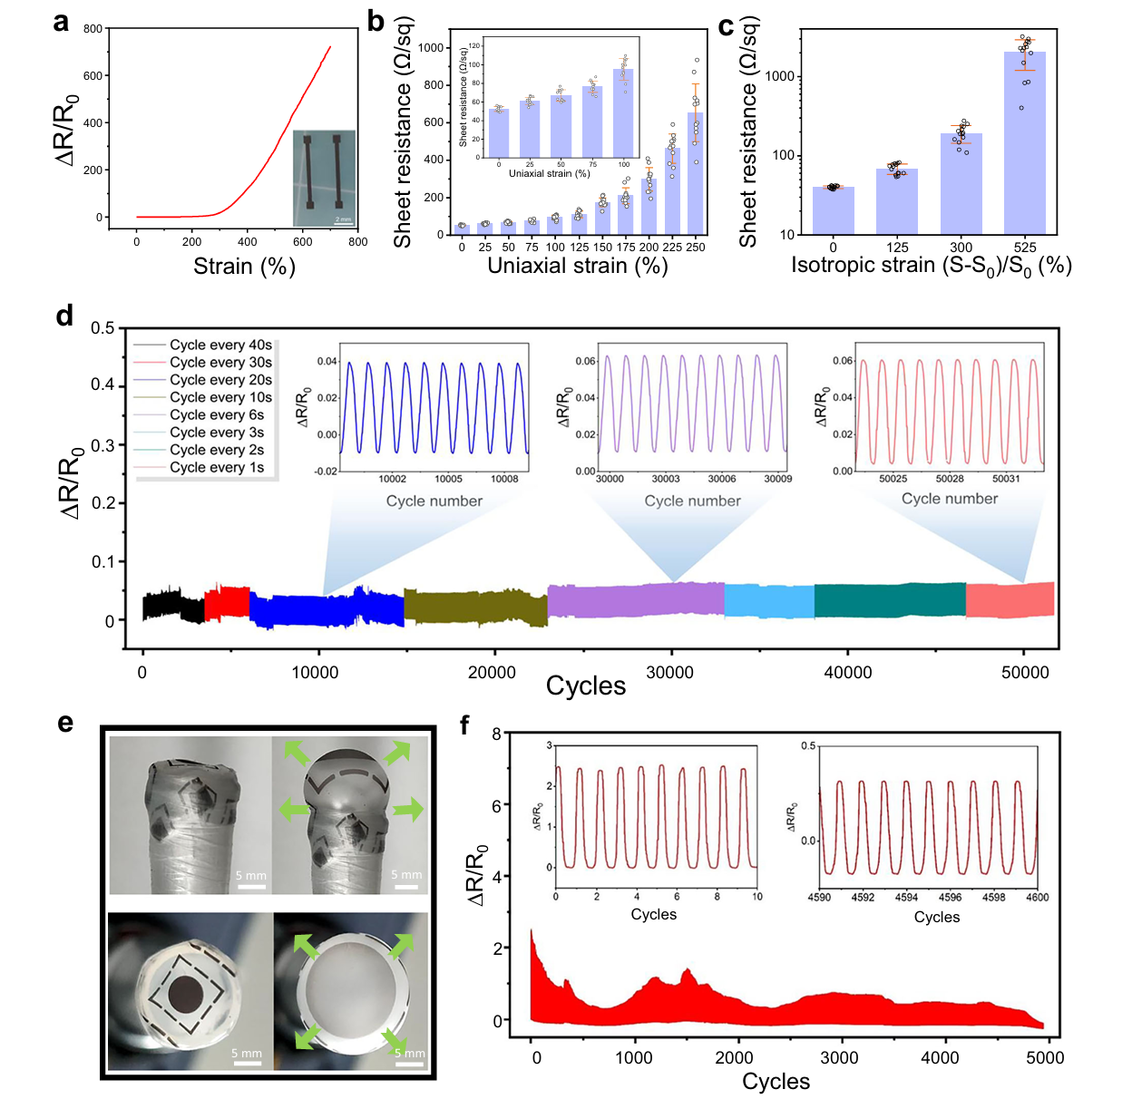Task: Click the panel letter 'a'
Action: [61, 22]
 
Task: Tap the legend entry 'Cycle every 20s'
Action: [220, 380]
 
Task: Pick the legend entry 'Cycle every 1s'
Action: [217, 467]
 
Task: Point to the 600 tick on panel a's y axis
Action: [93, 76]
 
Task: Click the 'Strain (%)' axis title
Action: [244, 267]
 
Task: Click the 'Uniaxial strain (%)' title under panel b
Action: [578, 266]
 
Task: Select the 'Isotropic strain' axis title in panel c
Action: [932, 266]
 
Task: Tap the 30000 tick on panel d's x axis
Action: [669, 672]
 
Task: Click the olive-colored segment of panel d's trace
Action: [475, 608]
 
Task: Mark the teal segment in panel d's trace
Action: [890, 600]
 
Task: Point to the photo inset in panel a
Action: [325, 178]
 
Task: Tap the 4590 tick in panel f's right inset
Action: [819, 898]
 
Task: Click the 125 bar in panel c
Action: [897, 201]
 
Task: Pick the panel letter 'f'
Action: [465, 725]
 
